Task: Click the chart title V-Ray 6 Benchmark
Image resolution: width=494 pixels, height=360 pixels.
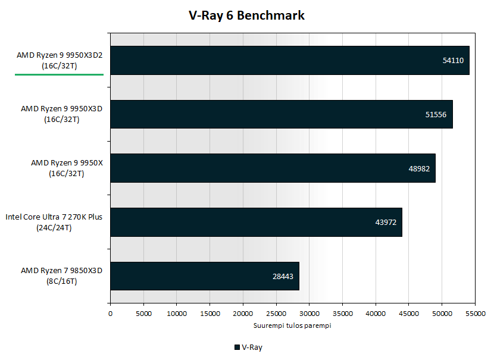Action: click(246, 15)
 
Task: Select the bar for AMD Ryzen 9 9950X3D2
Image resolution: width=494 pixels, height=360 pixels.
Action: click(290, 61)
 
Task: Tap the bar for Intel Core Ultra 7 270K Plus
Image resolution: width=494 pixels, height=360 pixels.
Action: click(256, 222)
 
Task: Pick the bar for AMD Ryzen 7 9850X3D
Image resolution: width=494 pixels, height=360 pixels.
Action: click(205, 276)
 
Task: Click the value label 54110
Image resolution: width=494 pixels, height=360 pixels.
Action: click(453, 61)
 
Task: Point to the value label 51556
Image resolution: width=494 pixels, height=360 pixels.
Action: click(436, 115)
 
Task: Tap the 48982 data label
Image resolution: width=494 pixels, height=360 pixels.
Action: click(419, 169)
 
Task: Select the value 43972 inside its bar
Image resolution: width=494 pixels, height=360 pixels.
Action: click(386, 223)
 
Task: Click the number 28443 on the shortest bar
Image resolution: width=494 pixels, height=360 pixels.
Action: click(283, 277)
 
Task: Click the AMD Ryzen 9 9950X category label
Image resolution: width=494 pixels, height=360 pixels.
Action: click(67, 168)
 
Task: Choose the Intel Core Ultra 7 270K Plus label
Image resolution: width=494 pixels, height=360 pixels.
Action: click(54, 222)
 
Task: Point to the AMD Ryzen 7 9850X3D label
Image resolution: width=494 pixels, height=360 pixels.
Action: click(62, 276)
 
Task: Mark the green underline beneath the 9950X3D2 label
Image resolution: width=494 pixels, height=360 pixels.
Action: click(60, 74)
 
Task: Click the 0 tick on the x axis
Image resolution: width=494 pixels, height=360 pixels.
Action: click(110, 314)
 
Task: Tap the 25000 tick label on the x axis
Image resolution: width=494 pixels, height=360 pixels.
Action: click(276, 314)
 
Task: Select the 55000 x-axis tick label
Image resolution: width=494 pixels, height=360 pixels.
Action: click(476, 314)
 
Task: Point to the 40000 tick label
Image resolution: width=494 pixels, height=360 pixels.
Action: click(376, 314)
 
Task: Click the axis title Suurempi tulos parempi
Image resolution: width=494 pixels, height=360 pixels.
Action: click(292, 325)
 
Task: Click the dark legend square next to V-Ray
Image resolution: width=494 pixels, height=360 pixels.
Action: click(237, 348)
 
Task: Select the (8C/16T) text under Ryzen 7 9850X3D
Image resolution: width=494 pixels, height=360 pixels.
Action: click(62, 281)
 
